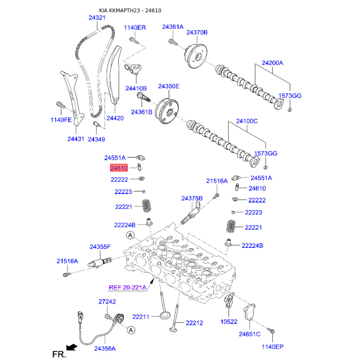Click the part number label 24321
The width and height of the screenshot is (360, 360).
97,18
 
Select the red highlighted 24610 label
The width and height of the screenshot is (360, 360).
119,168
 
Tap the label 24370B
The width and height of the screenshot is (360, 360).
197,32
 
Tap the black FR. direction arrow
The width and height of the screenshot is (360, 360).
71,346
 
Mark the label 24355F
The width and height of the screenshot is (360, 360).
100,247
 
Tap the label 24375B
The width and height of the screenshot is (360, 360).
192,198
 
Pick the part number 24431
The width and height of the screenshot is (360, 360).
76,139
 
